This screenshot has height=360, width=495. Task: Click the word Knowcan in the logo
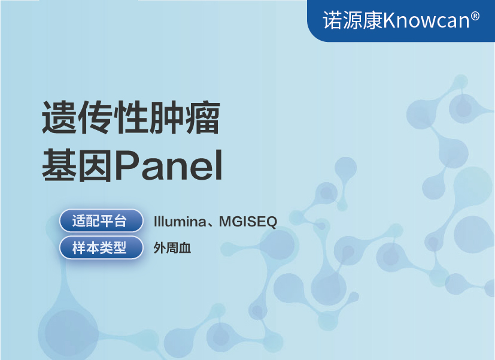426,20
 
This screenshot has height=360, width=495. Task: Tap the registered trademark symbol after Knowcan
475,16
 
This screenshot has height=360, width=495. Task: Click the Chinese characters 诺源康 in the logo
353,20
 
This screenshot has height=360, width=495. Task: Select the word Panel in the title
169,165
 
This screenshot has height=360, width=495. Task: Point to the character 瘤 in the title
203,117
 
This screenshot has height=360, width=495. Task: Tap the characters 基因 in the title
78,165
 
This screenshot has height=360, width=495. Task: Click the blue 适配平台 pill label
101,221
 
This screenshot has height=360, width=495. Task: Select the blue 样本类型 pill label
101,247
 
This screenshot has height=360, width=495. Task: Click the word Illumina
180,222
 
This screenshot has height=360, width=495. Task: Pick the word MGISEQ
248,222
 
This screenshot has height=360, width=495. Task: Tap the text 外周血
172,248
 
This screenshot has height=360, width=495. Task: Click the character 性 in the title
131,117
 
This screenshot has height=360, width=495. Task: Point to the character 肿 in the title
167,117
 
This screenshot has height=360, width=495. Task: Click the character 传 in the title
95,117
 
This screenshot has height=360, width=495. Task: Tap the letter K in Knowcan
389,20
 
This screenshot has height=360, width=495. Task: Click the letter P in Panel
128,165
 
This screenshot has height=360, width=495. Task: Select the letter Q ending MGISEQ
271,222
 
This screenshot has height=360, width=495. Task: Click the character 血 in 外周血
185,248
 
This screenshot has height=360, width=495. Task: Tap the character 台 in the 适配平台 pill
120,221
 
